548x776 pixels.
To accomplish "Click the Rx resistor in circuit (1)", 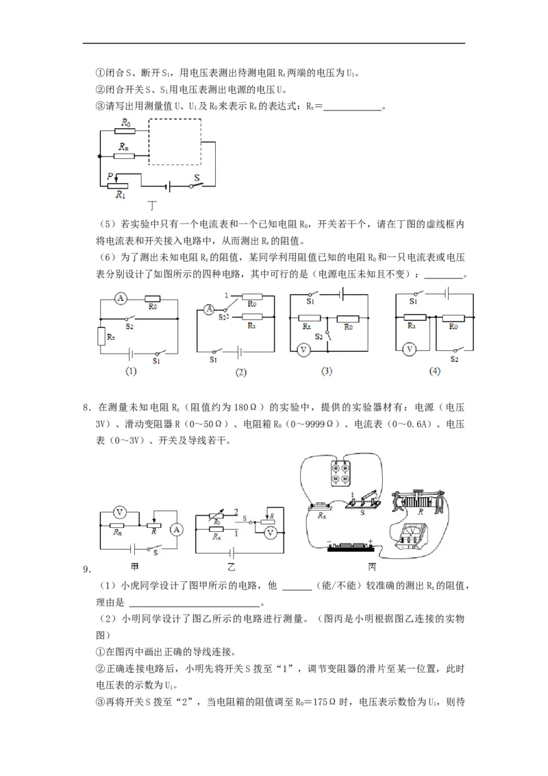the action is tap(101, 337).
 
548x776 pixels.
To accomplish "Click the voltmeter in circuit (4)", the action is tap(409, 349).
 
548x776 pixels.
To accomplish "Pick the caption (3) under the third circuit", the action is tap(326, 371).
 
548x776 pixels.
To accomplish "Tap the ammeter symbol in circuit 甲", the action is tap(176, 529).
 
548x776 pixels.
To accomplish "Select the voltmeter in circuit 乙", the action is tap(271, 531).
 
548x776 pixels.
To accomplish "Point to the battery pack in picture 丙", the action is tap(350, 546).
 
